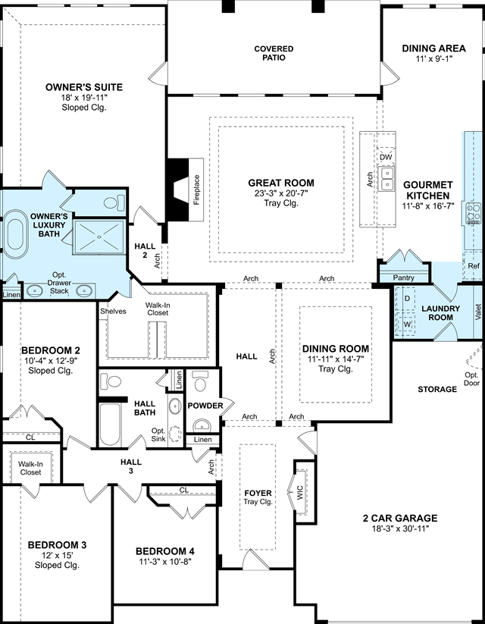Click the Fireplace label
click(196, 190)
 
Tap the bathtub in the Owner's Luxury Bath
click(16, 234)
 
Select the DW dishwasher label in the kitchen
click(386, 157)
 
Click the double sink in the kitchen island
click(386, 179)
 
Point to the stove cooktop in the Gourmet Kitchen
click(474, 213)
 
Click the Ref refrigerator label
click(474, 266)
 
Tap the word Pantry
click(403, 278)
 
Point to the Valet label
click(478, 312)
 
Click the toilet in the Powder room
click(200, 381)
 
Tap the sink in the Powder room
click(202, 425)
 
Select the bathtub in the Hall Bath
click(110, 425)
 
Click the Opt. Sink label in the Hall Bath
click(158, 434)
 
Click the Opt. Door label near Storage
click(472, 379)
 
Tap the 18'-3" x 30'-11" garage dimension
click(399, 528)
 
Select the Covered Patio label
click(274, 53)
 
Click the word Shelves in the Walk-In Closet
click(113, 311)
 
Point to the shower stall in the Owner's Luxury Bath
click(99, 237)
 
